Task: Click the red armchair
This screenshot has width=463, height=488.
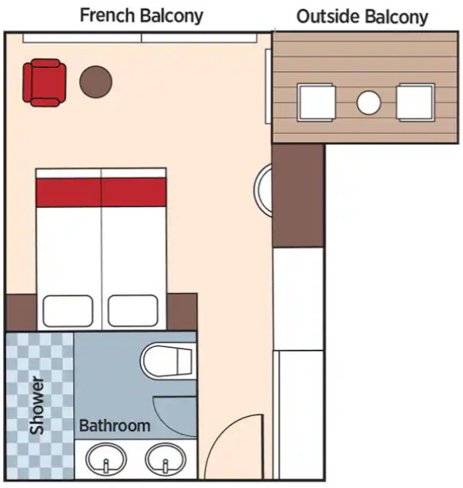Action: pos(44,83)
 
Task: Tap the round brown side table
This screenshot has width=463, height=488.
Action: pos(96,82)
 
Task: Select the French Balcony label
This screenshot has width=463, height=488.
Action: pos(142,15)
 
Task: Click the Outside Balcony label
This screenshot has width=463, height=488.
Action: pos(362,17)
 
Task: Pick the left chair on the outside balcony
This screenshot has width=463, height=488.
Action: pos(316,102)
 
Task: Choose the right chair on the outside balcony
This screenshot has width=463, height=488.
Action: pos(416,102)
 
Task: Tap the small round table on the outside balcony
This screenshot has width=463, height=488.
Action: pos(369,102)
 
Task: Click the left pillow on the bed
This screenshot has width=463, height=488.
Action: pos(68,311)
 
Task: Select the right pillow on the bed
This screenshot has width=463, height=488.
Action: pos(133,311)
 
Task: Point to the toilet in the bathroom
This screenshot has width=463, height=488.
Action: pos(168,361)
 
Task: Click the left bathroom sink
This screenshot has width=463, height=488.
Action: pos(106,460)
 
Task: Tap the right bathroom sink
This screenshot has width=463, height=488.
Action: pos(165,460)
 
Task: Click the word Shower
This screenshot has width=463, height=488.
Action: pos(37,405)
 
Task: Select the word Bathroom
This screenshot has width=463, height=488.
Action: pos(115,425)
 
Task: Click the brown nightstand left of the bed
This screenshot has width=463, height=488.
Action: pos(21,312)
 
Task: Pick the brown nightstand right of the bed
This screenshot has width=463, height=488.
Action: pos(182,312)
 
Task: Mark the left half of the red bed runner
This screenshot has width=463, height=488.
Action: pos(68,192)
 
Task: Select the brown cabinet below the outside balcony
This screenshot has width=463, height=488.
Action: pos(298,196)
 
